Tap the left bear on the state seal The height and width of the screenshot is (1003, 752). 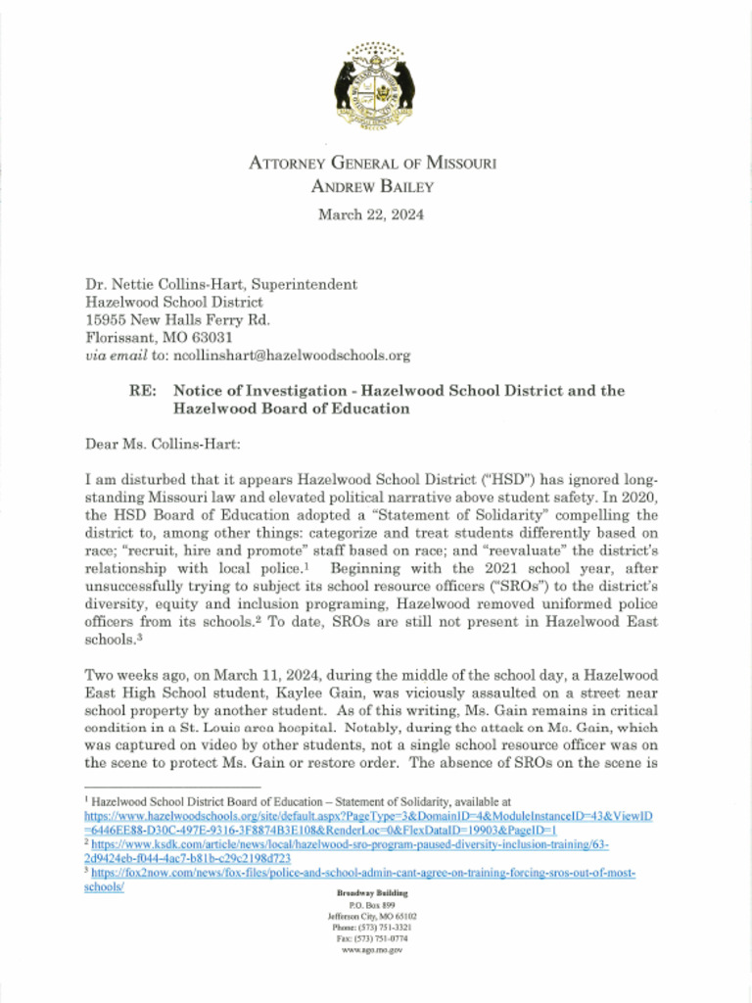click(345, 85)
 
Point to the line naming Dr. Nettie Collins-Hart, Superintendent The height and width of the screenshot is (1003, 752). click(221, 284)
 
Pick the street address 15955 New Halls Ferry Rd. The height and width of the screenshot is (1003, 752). click(177, 320)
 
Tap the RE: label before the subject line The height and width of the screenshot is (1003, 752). click(145, 391)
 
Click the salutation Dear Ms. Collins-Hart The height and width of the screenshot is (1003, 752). click(164, 444)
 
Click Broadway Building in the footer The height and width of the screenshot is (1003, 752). click(372, 894)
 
